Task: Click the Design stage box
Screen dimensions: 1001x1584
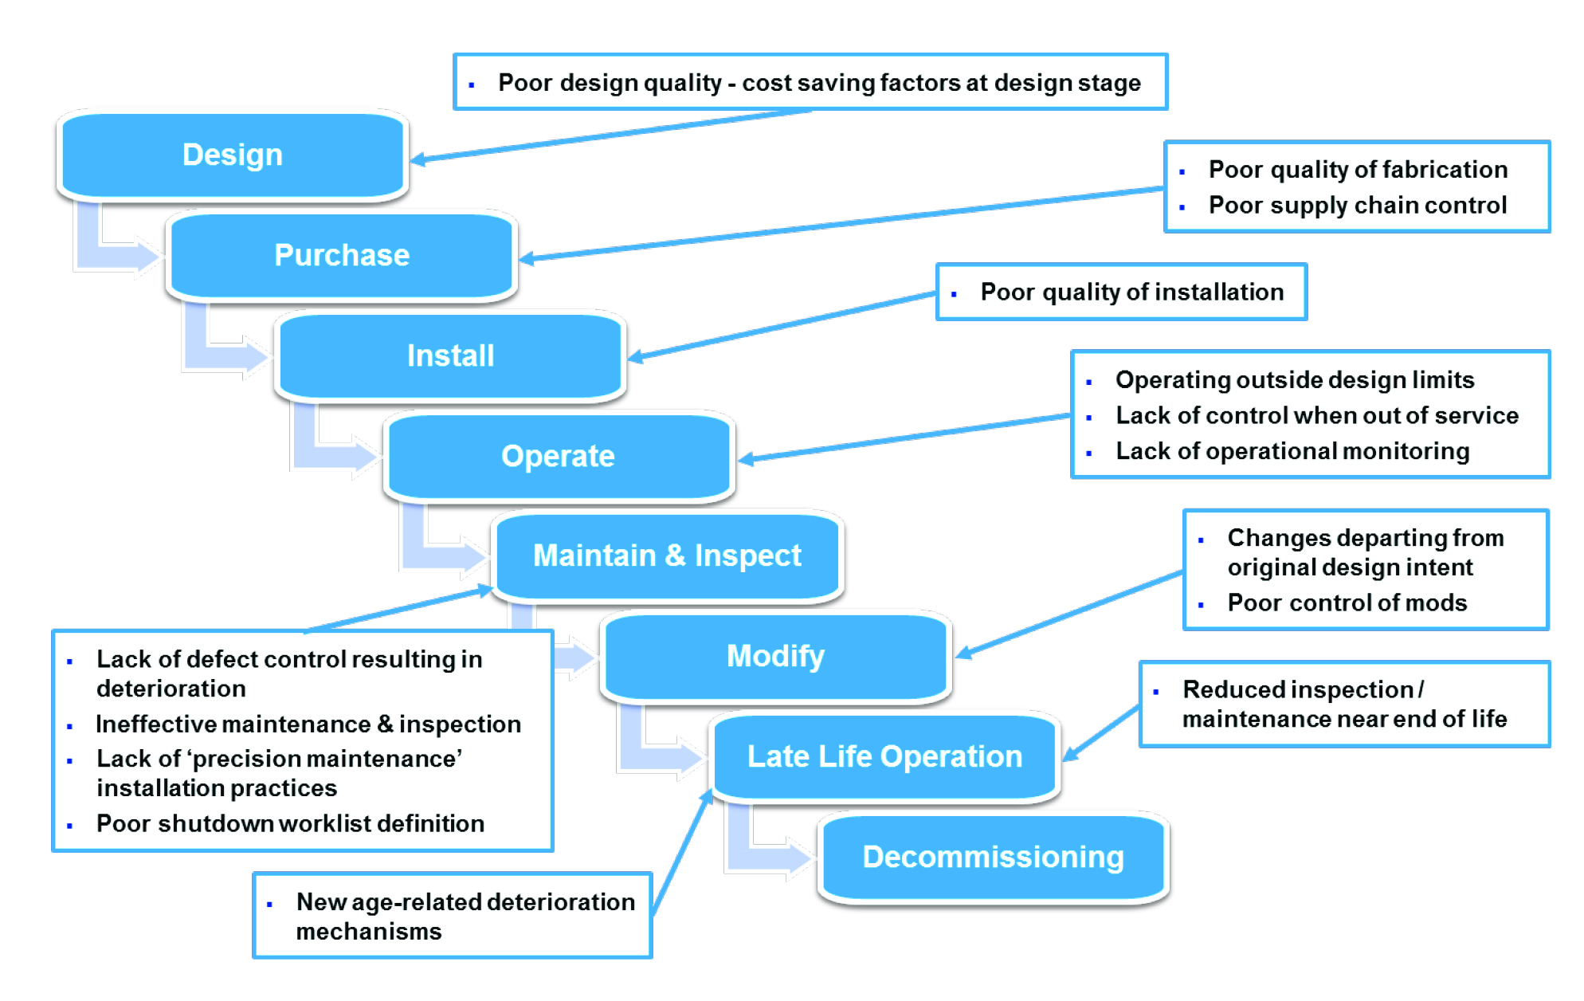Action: pos(233,155)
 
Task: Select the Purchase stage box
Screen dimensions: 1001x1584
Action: pos(342,255)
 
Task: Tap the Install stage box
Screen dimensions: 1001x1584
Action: pos(450,355)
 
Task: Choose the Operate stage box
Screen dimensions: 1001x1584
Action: pos(558,456)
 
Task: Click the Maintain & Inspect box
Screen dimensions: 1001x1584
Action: pos(667,555)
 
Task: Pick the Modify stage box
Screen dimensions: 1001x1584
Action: pos(775,656)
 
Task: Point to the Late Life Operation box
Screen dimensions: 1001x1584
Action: pos(884,756)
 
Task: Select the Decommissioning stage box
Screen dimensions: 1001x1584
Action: pos(993,857)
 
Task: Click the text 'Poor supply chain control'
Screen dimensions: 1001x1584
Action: pos(1357,206)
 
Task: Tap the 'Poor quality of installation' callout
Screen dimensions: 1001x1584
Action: pos(1131,292)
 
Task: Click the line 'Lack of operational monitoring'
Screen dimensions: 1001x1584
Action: pos(1292,451)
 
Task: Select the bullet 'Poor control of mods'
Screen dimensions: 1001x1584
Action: pos(1347,603)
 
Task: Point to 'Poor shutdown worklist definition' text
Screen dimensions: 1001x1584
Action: pos(290,823)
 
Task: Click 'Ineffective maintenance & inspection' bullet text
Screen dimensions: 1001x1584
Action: pos(308,724)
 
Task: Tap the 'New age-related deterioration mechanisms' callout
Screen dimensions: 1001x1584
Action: pos(465,917)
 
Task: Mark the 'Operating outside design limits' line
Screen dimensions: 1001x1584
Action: pos(1294,380)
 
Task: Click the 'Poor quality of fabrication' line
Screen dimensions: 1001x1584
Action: pos(1358,170)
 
